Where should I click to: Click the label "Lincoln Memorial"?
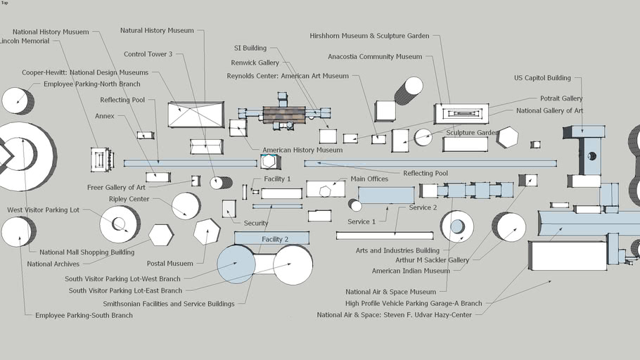coord(25,41)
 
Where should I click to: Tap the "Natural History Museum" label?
coord(157,31)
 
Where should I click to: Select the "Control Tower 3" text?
coord(148,54)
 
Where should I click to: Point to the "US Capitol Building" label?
coord(542,78)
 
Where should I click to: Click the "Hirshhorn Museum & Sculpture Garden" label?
coord(369,36)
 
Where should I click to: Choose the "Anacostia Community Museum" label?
coord(375,57)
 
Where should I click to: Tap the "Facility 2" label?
coord(275,240)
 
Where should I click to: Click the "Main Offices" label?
coord(369,179)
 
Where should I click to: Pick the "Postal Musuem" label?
coord(169,264)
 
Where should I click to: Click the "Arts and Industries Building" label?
coord(397,250)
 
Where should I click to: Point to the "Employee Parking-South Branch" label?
coord(84,316)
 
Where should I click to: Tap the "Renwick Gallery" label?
coord(255,63)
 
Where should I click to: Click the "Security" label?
coord(256,224)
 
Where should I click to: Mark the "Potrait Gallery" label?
coord(561,99)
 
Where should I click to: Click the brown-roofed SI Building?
coord(284,115)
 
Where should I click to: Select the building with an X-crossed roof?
coord(196,115)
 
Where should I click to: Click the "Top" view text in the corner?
coord(4,3)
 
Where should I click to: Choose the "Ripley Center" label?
coord(129,199)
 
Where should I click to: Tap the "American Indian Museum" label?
coord(411,271)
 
